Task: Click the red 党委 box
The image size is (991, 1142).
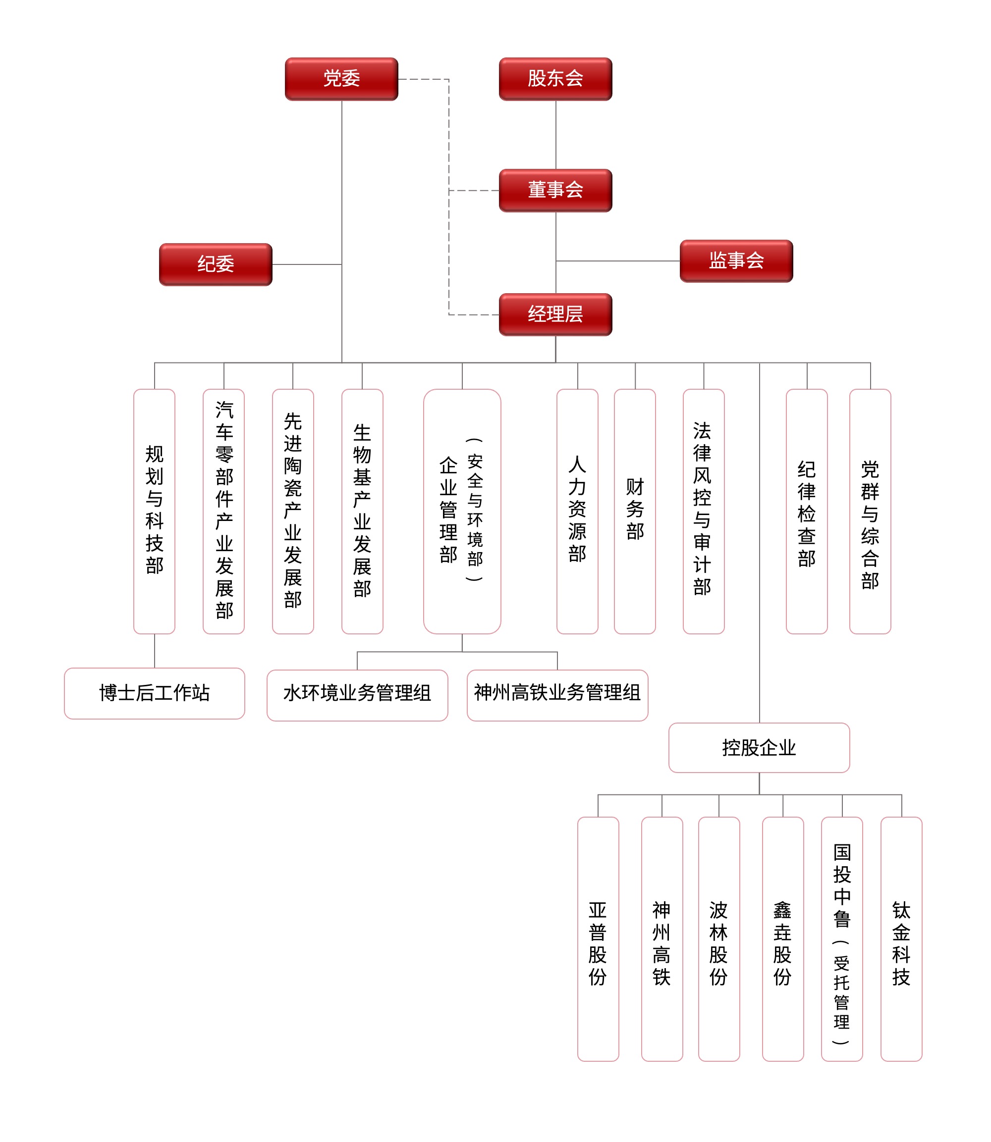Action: (x=341, y=79)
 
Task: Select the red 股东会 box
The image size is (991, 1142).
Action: (x=555, y=79)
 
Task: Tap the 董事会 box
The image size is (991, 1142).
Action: (x=555, y=191)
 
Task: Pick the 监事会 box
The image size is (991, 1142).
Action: (x=736, y=261)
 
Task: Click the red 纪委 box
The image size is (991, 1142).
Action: (x=216, y=264)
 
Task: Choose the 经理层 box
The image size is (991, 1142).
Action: (x=555, y=314)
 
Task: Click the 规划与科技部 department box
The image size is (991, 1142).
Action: (x=154, y=511)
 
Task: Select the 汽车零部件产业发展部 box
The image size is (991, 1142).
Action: (x=223, y=511)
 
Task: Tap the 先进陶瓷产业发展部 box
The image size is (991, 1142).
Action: (x=293, y=511)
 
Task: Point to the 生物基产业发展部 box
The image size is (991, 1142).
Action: (x=362, y=511)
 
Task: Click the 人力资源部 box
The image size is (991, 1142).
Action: (x=577, y=511)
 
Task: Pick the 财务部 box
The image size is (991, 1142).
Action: (x=635, y=511)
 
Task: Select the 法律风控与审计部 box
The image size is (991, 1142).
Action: (x=704, y=511)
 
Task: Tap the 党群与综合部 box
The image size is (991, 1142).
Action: (x=870, y=511)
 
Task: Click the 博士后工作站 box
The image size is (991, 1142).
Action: (x=154, y=693)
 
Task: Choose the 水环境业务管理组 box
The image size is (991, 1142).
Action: (x=357, y=695)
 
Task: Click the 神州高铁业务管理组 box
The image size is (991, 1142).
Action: (x=557, y=695)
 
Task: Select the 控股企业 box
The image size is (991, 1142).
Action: (x=759, y=748)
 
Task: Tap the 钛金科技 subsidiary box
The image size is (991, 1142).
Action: (x=901, y=939)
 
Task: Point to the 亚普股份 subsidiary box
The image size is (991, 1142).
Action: (x=598, y=939)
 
